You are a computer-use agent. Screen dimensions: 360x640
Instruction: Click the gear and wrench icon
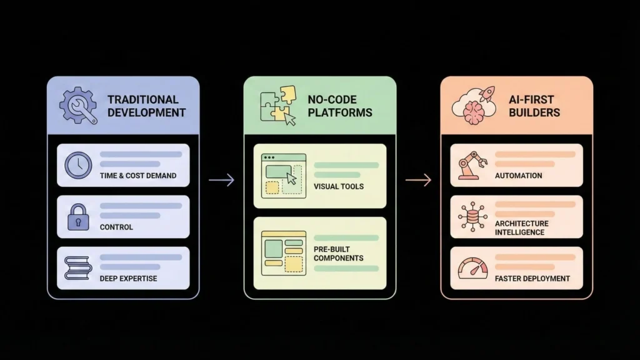(78, 106)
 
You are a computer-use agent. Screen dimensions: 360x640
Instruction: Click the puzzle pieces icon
(277, 106)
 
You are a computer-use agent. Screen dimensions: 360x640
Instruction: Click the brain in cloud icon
(472, 106)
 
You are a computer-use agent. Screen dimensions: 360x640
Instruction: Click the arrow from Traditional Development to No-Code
(221, 181)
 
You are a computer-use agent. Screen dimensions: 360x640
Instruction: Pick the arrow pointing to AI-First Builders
(418, 181)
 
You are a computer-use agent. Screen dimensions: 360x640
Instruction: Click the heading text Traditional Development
(146, 106)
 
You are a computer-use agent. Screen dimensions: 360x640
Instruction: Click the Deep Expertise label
(128, 278)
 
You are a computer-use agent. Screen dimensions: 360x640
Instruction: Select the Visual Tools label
(339, 186)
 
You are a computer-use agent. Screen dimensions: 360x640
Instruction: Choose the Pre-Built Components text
(338, 254)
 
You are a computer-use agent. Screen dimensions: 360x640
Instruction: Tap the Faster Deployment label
(532, 278)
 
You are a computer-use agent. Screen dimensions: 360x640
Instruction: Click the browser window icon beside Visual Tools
(284, 176)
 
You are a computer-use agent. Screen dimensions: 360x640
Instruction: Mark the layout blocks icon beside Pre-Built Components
(283, 252)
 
